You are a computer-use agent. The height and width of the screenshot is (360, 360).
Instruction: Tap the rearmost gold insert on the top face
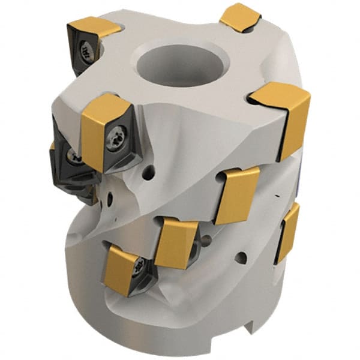coord(239,17)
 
